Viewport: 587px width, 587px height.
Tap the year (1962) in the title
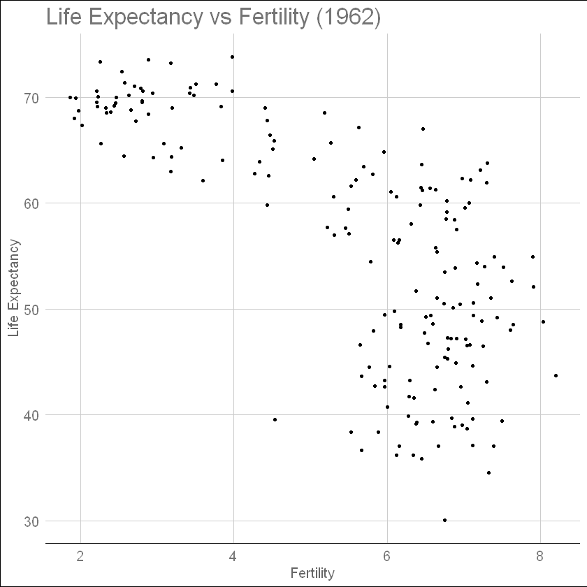(x=347, y=17)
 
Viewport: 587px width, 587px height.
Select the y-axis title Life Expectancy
(x=15, y=287)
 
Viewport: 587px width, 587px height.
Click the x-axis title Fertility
(x=312, y=573)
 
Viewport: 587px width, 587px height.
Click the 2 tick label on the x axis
(x=80, y=556)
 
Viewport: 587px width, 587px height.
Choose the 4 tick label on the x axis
(x=233, y=556)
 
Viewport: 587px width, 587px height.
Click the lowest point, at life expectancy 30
(x=444, y=520)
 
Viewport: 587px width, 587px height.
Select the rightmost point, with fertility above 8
(x=556, y=375)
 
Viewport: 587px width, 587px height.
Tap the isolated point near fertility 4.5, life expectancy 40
(x=275, y=419)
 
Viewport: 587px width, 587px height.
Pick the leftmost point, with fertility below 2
(x=70, y=97)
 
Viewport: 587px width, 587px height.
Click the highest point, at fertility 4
(x=232, y=57)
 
